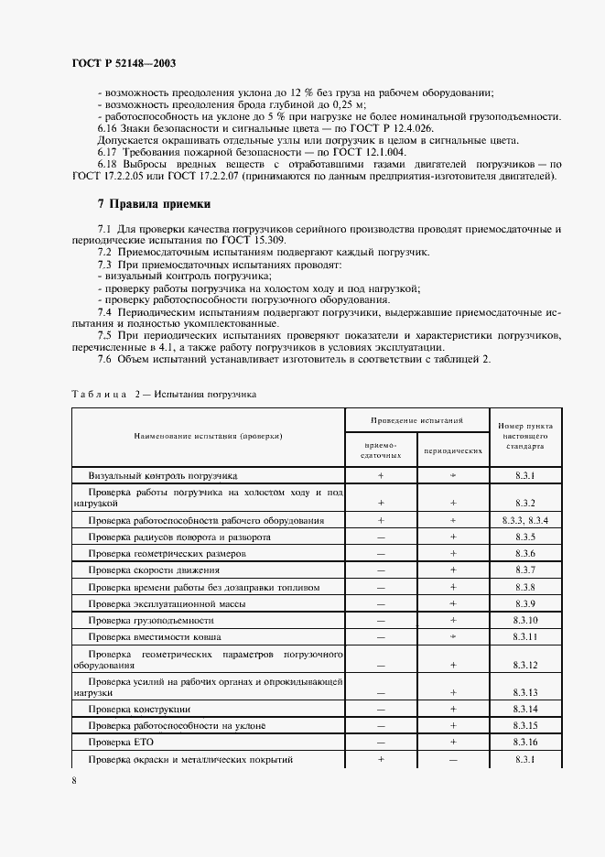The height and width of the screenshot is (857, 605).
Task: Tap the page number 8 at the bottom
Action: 73,781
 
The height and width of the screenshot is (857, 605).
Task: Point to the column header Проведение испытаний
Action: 416,419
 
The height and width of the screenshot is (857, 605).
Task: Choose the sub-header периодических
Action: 453,451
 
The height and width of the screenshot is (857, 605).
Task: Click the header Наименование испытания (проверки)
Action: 208,436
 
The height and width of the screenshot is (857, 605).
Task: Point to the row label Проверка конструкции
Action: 139,710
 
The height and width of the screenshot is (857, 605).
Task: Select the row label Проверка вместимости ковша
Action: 155,636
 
